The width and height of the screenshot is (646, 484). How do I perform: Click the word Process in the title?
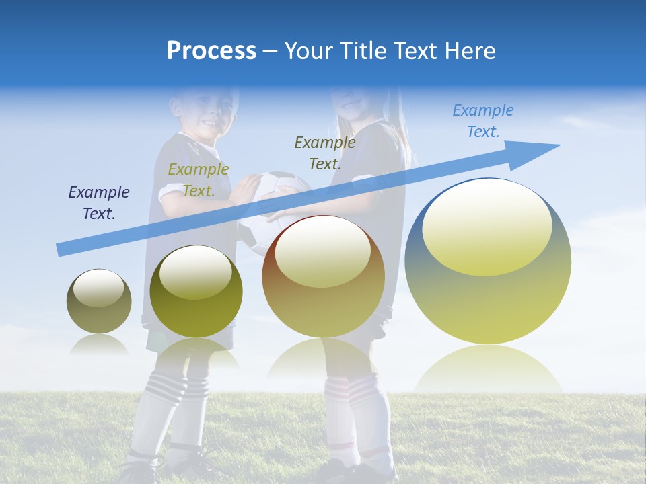[211, 50]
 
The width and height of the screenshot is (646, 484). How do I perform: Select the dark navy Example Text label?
[99, 203]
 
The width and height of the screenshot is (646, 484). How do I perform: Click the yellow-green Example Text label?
[199, 180]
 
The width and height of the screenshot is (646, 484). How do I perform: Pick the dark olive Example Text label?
[325, 153]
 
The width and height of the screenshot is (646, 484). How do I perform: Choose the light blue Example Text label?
[483, 121]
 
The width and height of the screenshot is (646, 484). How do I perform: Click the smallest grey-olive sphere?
[99, 301]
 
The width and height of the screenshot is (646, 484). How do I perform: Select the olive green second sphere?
[196, 292]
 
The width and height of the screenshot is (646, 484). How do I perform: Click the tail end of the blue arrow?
[62, 249]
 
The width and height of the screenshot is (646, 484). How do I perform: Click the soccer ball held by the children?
[269, 202]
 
